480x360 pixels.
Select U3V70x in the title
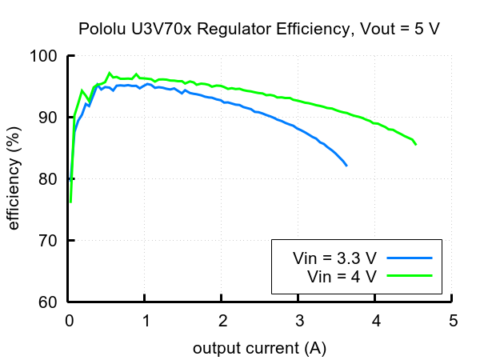click(155, 30)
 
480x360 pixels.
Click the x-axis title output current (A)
click(259, 349)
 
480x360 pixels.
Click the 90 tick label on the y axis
click(48, 118)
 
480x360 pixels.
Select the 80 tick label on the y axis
click(48, 179)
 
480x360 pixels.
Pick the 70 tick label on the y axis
click(48, 241)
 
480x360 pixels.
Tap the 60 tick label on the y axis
click(48, 302)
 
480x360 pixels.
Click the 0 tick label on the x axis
click(69, 322)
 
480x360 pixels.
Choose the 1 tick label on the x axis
click(146, 322)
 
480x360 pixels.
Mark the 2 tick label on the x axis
click(222, 322)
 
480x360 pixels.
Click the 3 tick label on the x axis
click(299, 322)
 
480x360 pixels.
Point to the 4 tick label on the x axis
click(376, 322)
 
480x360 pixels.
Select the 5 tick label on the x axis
click(453, 322)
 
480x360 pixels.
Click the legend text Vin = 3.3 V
click(334, 258)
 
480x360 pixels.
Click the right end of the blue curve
click(346, 165)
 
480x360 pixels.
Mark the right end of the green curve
click(416, 144)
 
